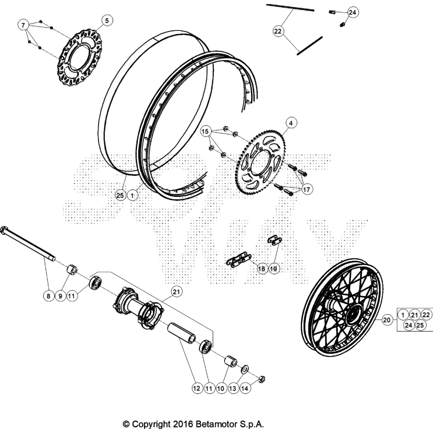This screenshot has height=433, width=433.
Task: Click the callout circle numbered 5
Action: click(106, 21)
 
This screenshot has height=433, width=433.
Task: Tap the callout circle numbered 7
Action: click(23, 25)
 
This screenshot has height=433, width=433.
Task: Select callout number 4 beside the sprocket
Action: click(291, 123)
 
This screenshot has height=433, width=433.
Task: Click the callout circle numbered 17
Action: click(307, 189)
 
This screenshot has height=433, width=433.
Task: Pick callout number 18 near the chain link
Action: click(261, 269)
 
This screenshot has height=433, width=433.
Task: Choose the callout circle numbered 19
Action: click(273, 269)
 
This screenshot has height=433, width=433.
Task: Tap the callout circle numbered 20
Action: click(387, 320)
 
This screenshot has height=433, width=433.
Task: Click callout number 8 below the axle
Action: click(49, 296)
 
